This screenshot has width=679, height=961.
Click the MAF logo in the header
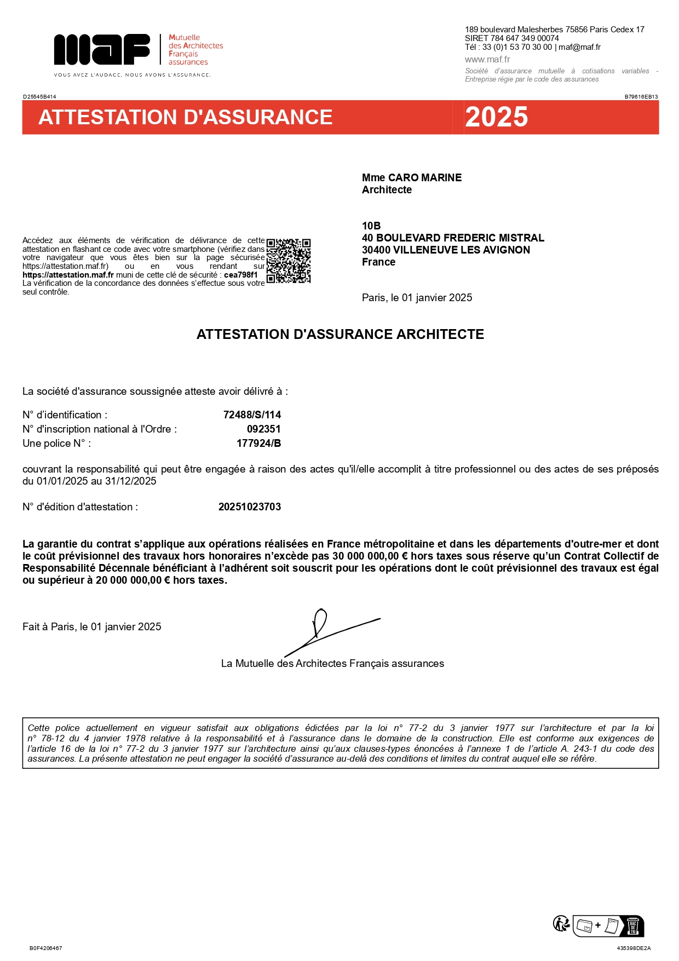tap(102, 49)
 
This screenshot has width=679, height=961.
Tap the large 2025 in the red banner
tap(496, 117)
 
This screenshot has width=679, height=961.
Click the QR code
tap(289, 261)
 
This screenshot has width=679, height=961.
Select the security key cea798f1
tap(241, 275)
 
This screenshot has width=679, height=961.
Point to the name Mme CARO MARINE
tap(411, 177)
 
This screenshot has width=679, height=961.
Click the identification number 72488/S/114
tap(252, 415)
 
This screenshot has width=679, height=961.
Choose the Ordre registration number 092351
tap(263, 429)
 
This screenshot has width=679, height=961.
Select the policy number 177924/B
tap(258, 443)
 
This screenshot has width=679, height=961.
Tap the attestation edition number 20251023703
tap(250, 507)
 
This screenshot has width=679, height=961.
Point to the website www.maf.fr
tap(487, 59)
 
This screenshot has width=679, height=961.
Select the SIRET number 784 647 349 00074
tap(525, 38)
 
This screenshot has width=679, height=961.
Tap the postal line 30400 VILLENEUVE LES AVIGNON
tap(446, 250)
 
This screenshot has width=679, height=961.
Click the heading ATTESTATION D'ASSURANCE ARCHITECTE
tap(340, 334)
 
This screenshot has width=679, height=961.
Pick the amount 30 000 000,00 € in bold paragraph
tap(370, 556)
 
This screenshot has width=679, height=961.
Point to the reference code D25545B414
tap(39, 96)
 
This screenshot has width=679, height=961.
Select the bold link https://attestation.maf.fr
tap(68, 275)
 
